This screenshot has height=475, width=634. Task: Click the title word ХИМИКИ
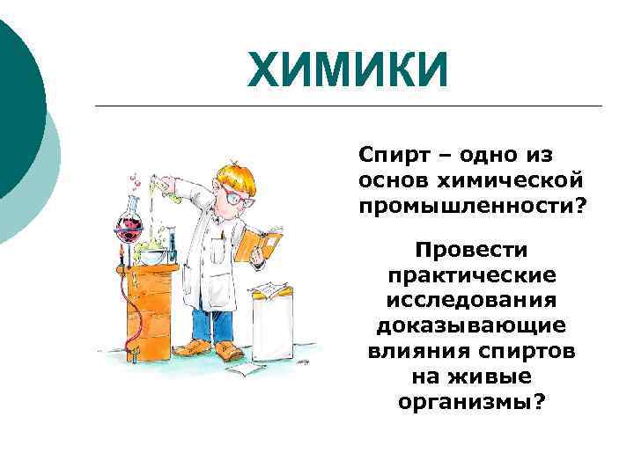coord(348,70)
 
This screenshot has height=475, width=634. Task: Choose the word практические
coord(471,275)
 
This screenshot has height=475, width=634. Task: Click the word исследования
coord(471,301)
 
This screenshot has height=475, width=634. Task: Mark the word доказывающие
coord(471,326)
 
